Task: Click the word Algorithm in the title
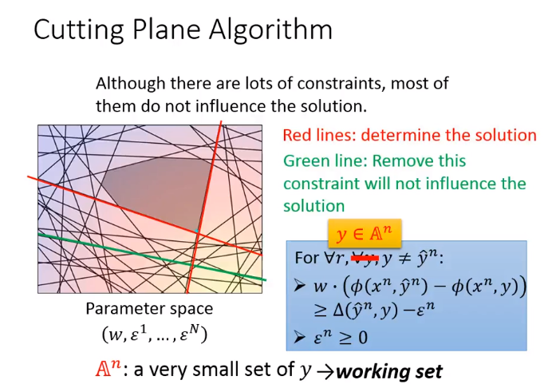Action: tap(270, 30)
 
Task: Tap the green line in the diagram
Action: tap(152, 257)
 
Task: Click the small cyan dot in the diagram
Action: tap(197, 231)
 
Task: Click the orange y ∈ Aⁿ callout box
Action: tap(365, 234)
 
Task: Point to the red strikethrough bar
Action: tap(365, 259)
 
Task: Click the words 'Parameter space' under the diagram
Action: tap(149, 309)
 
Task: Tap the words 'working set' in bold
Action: tap(389, 372)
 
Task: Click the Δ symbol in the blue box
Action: tap(339, 310)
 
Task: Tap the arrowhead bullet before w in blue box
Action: tap(300, 286)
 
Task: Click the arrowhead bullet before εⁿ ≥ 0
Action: tap(300, 338)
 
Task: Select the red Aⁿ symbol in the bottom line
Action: tap(108, 368)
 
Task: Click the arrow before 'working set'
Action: tap(325, 372)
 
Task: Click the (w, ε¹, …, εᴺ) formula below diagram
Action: tap(155, 335)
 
